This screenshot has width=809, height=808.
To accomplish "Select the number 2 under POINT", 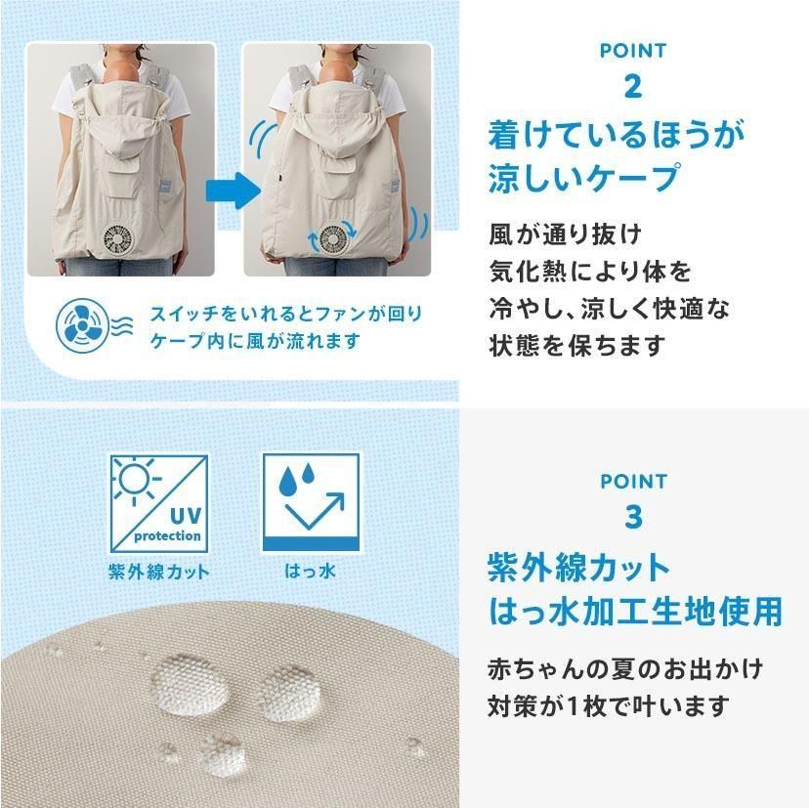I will [x=633, y=86].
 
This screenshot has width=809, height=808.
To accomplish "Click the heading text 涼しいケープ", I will [x=583, y=179].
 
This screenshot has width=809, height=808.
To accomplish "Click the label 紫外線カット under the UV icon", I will [x=158, y=572].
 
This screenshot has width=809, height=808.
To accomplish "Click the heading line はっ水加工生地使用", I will [x=635, y=611].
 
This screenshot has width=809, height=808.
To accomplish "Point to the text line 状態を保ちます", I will [x=575, y=344].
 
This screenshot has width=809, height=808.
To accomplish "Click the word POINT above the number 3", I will [x=633, y=481].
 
